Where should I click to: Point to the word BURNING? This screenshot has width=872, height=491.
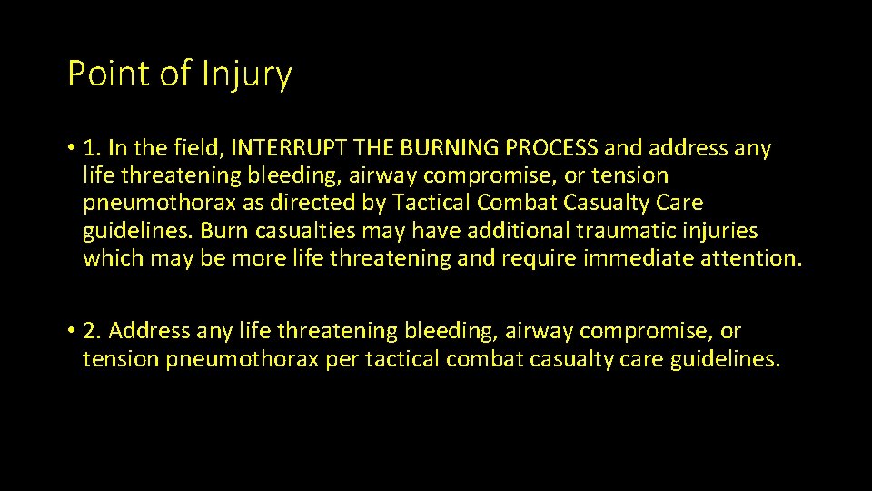click(443, 147)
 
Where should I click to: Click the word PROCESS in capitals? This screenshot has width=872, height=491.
click(552, 147)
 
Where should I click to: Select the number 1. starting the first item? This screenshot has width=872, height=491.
click(93, 147)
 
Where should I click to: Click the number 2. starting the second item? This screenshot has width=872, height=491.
click(94, 331)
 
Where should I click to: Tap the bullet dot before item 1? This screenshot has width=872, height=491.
click(71, 148)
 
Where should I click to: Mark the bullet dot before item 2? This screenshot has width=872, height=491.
click(71, 332)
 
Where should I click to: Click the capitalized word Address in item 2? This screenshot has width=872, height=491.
click(150, 331)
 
